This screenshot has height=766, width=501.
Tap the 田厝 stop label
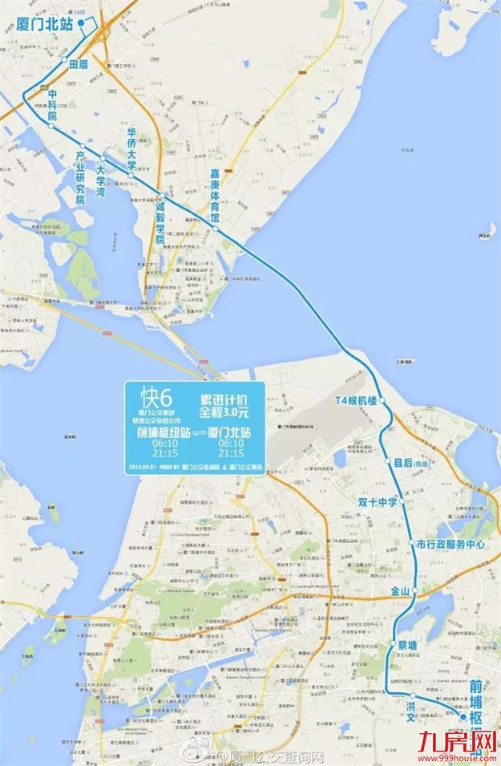point(79,63)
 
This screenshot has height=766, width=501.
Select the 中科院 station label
point(54,105)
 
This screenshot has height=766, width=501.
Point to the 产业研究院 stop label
point(80,177)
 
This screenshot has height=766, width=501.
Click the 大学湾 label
point(101,181)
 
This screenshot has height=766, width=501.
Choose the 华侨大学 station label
point(131,148)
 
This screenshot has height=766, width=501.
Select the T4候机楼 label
point(355,399)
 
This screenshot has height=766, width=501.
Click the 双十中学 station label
point(379,502)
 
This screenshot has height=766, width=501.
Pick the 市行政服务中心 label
point(452,544)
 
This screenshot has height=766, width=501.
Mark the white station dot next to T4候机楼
point(383,399)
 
